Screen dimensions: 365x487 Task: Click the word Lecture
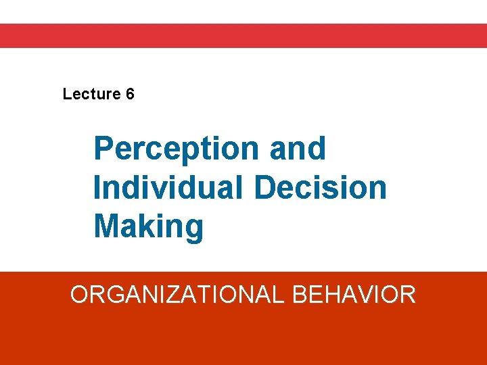91,94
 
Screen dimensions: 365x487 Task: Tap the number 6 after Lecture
130,94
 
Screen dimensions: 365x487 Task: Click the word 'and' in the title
298,148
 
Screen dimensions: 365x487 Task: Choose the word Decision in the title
321,187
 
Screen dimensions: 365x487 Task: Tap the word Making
148,226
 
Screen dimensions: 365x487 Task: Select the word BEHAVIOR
354,295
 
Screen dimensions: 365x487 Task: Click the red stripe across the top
243,36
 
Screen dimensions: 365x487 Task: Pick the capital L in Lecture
66,94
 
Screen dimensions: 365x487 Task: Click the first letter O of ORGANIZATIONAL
80,295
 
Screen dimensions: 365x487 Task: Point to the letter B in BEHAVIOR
302,295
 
